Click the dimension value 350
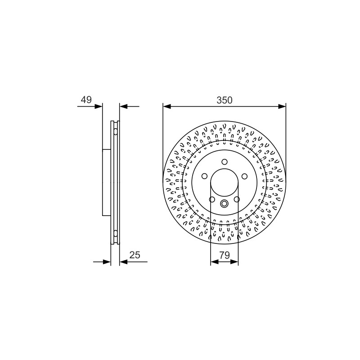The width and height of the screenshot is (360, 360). pyautogui.click(x=224, y=100)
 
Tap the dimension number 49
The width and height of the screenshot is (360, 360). pyautogui.click(x=86, y=99)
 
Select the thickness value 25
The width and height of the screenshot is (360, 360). pyautogui.click(x=135, y=255)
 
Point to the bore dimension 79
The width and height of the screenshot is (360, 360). pyautogui.click(x=225, y=255)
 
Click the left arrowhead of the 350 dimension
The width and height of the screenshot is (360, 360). pyautogui.click(x=167, y=106)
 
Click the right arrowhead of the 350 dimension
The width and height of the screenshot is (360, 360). pyautogui.click(x=282, y=106)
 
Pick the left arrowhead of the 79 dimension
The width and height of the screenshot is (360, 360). pyautogui.click(x=215, y=261)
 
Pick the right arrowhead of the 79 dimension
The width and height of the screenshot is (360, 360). pyautogui.click(x=234, y=261)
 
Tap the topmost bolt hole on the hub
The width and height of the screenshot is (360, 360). pyautogui.click(x=224, y=162)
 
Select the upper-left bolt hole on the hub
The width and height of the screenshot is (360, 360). pyautogui.click(x=204, y=176)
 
